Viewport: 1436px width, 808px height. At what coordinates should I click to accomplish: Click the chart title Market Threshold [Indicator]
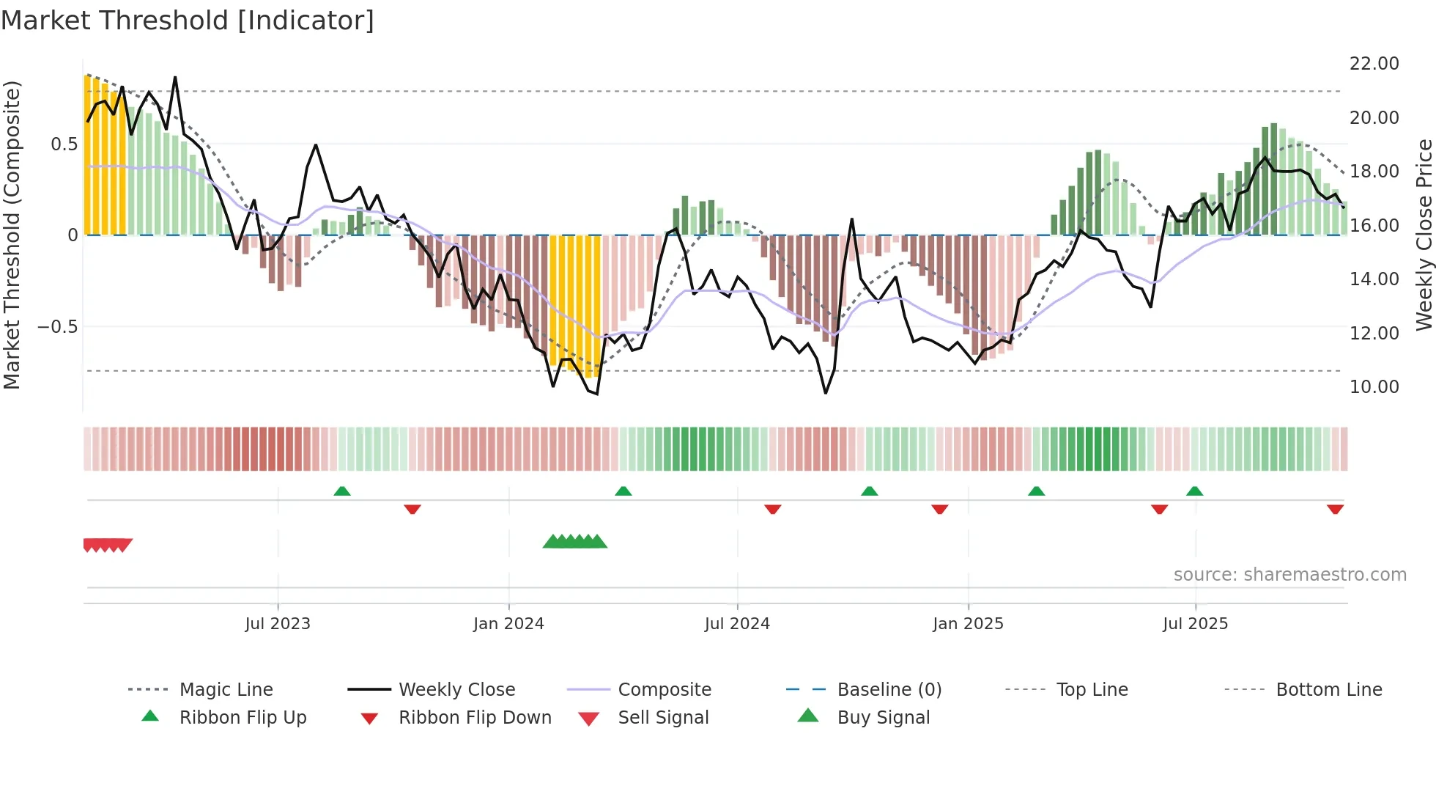click(x=188, y=21)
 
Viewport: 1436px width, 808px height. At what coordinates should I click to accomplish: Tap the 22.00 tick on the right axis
click(x=1374, y=64)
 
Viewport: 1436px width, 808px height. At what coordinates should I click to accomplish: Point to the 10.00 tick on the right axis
click(x=1374, y=387)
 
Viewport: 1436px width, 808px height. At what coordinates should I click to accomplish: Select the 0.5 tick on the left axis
click(x=64, y=144)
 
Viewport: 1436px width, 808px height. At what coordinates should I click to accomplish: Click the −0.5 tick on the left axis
click(x=57, y=327)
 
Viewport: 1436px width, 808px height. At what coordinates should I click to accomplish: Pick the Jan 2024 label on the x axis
click(x=508, y=624)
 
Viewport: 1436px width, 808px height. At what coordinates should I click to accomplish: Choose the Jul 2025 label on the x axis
click(x=1195, y=624)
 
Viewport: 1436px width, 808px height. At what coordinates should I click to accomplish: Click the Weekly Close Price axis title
click(x=1424, y=235)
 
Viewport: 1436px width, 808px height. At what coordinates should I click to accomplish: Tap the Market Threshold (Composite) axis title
click(x=12, y=235)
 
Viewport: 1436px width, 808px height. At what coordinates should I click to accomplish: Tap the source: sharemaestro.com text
click(x=1289, y=575)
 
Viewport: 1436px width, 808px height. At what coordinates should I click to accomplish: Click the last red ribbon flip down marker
click(x=1335, y=509)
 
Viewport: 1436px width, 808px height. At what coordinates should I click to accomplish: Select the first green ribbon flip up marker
click(x=342, y=491)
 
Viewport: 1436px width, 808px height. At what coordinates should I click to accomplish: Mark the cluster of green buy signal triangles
click(x=575, y=542)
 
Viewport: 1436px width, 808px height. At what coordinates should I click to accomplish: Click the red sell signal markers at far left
click(x=108, y=545)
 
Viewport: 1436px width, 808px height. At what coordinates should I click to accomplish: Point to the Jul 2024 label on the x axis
click(x=737, y=624)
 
